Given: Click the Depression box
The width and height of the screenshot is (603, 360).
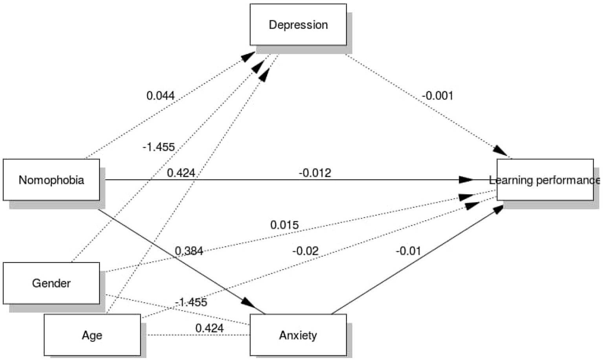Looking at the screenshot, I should coord(298,25).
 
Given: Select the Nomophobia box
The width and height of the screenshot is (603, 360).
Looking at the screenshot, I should coord(51,180).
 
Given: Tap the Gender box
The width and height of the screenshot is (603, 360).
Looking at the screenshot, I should coord(51,283).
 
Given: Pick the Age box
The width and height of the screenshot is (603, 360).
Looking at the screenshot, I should coord(92,335).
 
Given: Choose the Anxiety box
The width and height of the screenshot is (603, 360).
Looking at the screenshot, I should coord(298,335).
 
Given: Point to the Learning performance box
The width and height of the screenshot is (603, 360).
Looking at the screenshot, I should coord(545,180).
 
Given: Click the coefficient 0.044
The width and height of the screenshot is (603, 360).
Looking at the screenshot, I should coord(160,96).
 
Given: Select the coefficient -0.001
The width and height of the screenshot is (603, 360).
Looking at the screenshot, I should coord(437,96).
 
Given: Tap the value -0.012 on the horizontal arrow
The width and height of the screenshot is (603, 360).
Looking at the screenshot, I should coord(315,173).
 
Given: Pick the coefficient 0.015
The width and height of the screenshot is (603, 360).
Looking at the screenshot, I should coord(284,225).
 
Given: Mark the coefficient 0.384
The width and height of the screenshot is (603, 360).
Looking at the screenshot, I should coord(189,251).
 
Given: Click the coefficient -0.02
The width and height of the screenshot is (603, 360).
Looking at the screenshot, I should coord(305,251).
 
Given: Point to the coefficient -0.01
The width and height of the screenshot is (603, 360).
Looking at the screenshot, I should coord(408,251).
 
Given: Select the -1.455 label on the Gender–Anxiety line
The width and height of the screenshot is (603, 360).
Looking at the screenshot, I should coord(191,302).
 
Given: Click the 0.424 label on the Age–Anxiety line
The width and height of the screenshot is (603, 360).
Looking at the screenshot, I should coord(209,328).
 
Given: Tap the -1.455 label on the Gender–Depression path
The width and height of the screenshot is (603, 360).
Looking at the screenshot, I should coord(158,147).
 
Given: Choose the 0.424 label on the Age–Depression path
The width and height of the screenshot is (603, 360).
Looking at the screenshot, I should coord(181,173).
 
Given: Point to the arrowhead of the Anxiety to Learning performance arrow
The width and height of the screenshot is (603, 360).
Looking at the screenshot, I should coord(498,209).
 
